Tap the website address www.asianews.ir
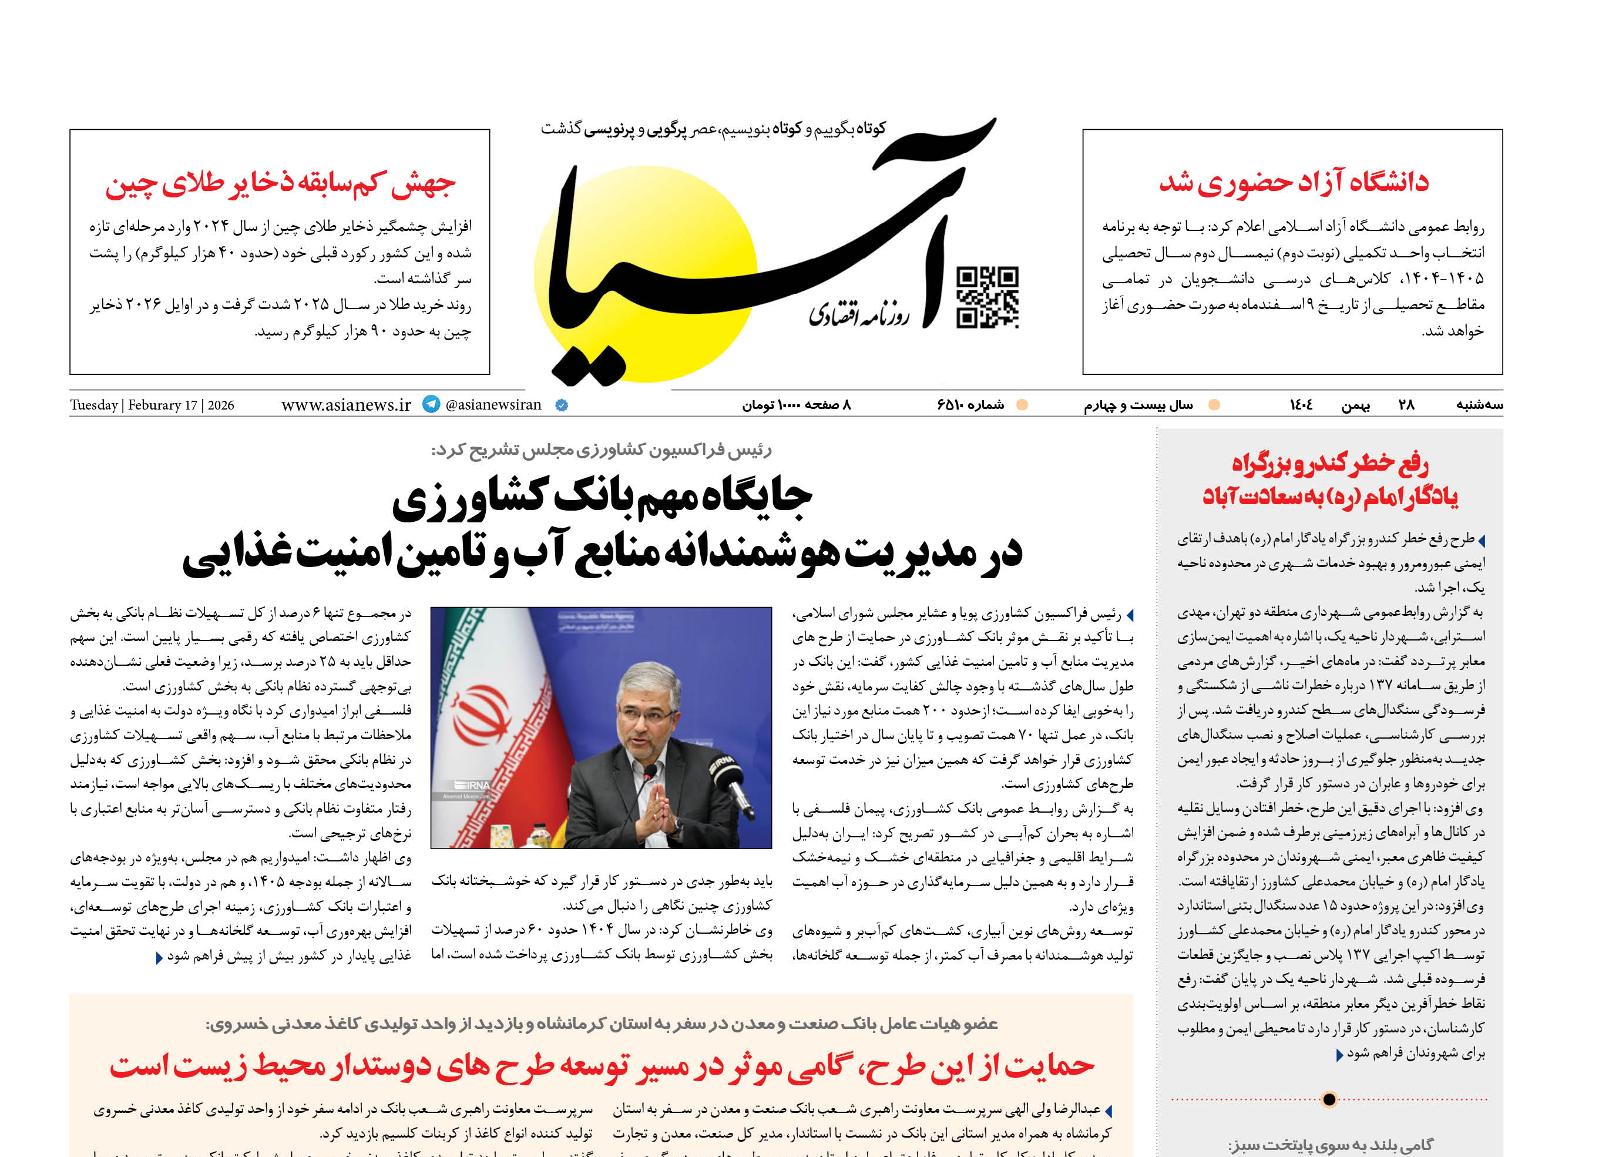[346, 405]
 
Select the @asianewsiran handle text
[493, 405]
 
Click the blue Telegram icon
[431, 404]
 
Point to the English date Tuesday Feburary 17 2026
[152, 405]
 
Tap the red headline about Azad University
[1293, 182]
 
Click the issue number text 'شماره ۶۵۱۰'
[970, 405]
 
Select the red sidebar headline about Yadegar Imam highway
[1330, 479]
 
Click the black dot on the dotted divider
[1328, 1099]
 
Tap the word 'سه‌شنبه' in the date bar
[1479, 405]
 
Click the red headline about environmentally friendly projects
[602, 1066]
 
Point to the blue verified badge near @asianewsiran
[561, 405]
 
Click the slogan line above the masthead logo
[713, 129]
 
